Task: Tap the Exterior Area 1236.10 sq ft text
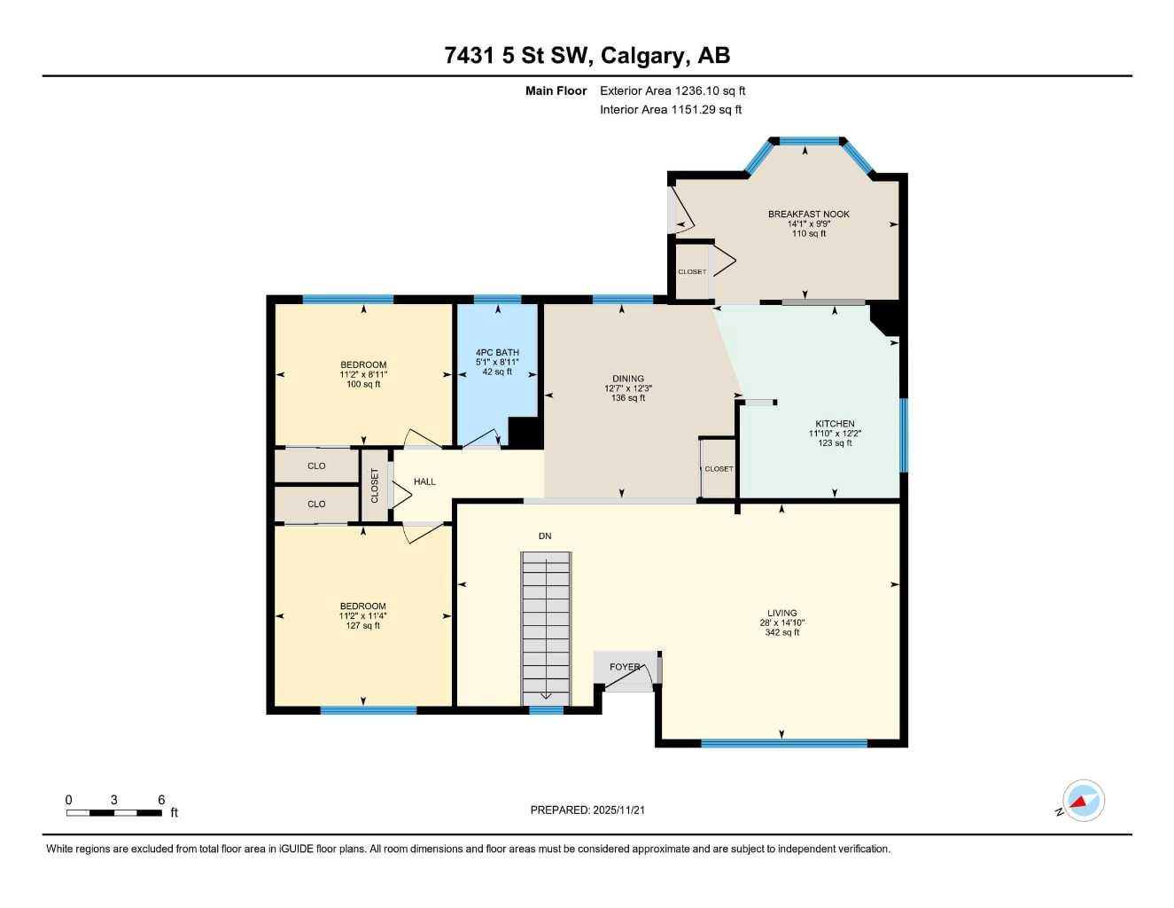click(673, 90)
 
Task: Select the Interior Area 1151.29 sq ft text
click(671, 110)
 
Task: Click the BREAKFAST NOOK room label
click(808, 214)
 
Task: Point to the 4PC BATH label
click(497, 353)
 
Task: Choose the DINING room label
click(627, 379)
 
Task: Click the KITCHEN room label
click(835, 424)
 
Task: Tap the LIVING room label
click(781, 613)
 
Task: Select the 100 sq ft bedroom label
click(363, 374)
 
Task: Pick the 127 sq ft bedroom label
click(363, 615)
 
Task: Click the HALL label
click(424, 481)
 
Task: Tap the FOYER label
click(625, 667)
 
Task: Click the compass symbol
click(1082, 802)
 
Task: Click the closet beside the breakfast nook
click(692, 271)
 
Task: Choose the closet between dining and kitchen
click(719, 468)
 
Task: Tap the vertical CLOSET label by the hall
click(375, 485)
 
